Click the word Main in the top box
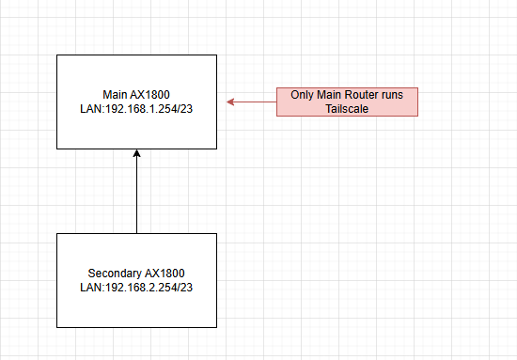point(115,95)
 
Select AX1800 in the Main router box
point(150,95)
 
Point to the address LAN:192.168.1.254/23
point(136,109)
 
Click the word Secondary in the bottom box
point(115,274)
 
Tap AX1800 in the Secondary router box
point(164,274)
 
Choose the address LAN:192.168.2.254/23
point(136,288)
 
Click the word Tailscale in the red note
point(347,109)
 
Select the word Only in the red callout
point(302,95)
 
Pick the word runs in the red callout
point(393,95)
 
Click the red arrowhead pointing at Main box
point(230,102)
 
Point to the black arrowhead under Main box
point(137,153)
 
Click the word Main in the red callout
point(329,95)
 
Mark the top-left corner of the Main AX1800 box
point(57,55)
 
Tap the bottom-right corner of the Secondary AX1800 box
point(216,327)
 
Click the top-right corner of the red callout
point(417,88)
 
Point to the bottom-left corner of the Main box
point(57,149)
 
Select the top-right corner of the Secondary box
point(216,234)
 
